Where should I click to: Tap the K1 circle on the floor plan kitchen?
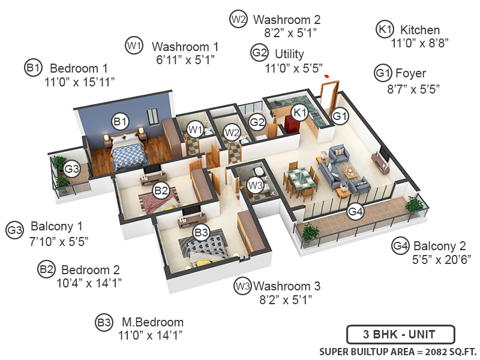pyautogui.click(x=299, y=112)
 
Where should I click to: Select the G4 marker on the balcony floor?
pyautogui.click(x=356, y=212)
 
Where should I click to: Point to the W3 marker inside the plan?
pyautogui.click(x=256, y=185)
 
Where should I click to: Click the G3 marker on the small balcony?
pyautogui.click(x=72, y=169)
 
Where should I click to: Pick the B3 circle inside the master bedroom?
pyautogui.click(x=200, y=232)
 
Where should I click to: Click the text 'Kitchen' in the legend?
pyautogui.click(x=420, y=30)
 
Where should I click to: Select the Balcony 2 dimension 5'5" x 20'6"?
pyautogui.click(x=442, y=259)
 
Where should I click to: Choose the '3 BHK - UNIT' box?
pyautogui.click(x=400, y=334)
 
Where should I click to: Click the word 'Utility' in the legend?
pyautogui.click(x=289, y=53)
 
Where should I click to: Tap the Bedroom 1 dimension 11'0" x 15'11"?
pyautogui.click(x=79, y=81)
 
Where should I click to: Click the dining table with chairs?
pyautogui.click(x=300, y=180)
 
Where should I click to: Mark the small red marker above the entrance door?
pyautogui.click(x=327, y=76)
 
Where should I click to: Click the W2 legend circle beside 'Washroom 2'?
pyautogui.click(x=238, y=19)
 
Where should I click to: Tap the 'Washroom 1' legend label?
pyautogui.click(x=185, y=46)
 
